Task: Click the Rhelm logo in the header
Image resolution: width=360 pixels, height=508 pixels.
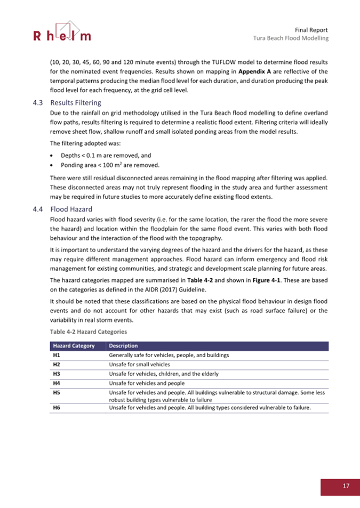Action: coord(62,33)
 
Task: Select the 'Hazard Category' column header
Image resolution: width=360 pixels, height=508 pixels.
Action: coord(74,346)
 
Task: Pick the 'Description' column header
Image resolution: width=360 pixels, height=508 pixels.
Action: coord(123,346)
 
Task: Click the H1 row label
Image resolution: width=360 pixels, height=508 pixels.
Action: coord(56,354)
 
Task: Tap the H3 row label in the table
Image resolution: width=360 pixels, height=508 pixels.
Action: coord(56,374)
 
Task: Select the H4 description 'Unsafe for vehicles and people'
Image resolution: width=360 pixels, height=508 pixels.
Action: coord(147,383)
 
